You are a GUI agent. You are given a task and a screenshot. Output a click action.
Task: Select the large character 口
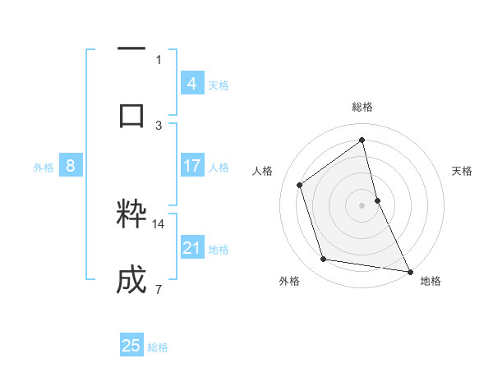click(x=131, y=115)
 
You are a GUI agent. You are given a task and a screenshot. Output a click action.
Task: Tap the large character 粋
click(x=131, y=215)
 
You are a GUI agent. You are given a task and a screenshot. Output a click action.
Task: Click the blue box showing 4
click(x=192, y=84)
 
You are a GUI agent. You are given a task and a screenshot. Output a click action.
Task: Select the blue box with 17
click(x=192, y=167)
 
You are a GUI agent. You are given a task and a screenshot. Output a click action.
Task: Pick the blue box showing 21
click(x=192, y=248)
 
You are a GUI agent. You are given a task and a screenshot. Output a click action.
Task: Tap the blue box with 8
click(x=71, y=167)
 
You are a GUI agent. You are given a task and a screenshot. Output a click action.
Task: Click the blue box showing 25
click(x=131, y=346)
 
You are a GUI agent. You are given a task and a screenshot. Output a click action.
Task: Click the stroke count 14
click(x=159, y=223)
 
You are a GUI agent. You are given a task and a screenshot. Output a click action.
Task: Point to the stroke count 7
click(x=158, y=289)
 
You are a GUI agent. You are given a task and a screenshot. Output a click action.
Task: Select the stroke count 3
click(x=159, y=125)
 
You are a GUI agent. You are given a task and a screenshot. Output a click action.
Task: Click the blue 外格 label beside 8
click(x=44, y=168)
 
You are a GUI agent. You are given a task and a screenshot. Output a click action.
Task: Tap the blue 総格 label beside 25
click(x=158, y=347)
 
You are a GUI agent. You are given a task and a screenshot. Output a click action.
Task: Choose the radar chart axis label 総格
click(x=362, y=107)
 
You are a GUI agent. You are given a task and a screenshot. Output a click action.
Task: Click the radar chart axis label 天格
click(x=462, y=171)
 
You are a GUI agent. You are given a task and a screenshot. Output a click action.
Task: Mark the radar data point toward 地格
click(x=410, y=270)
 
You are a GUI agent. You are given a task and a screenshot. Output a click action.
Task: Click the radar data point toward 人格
click(x=300, y=185)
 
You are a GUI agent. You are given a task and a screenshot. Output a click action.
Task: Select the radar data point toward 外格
click(x=324, y=260)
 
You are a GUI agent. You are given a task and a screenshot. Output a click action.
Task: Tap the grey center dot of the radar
click(x=362, y=205)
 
